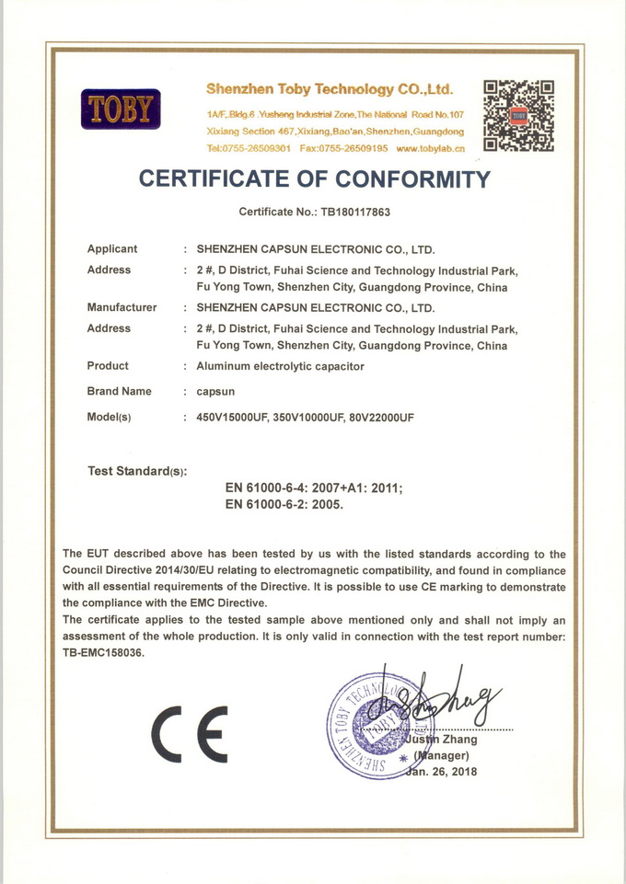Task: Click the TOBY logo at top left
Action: point(122,109)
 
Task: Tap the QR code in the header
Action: point(519,115)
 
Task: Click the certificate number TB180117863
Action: point(355,212)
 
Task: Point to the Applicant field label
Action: point(112,248)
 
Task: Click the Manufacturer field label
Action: point(122,307)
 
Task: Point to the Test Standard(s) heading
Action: point(137,471)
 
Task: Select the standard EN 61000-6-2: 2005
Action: point(284,504)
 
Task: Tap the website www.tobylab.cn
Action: point(430,148)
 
